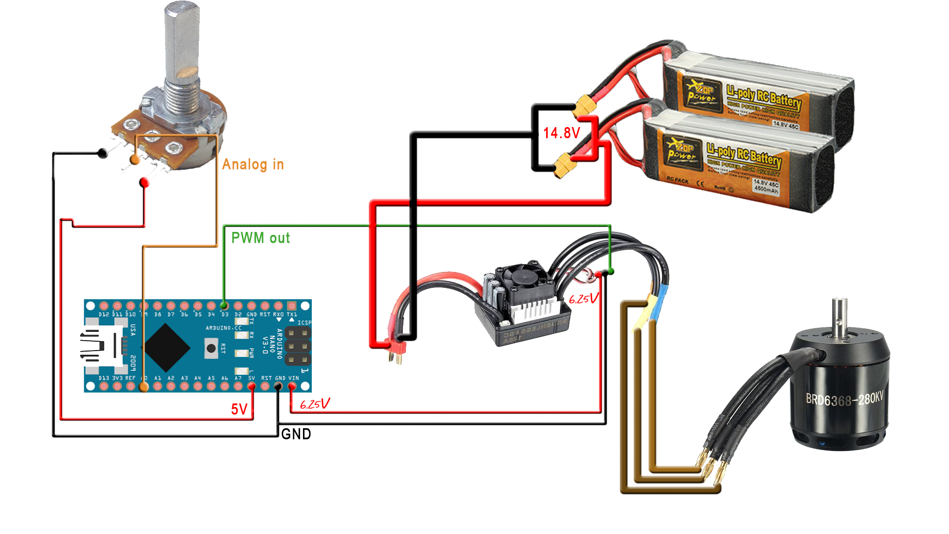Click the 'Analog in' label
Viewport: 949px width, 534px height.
(253, 164)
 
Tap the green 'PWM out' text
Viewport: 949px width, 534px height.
(260, 238)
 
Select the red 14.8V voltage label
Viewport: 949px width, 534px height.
(561, 133)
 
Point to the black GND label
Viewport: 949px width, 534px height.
(296, 434)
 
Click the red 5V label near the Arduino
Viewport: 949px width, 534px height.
(239, 409)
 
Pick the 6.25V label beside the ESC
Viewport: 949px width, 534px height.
(583, 299)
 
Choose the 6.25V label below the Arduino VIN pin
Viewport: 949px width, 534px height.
(314, 404)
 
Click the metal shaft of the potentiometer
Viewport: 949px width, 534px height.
(181, 40)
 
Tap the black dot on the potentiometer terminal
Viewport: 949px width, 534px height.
(102, 153)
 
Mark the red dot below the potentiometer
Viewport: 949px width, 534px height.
(144, 183)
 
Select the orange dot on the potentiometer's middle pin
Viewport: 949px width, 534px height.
(134, 159)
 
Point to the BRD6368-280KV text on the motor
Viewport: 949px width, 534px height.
(844, 399)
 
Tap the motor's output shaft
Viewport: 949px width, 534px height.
(839, 316)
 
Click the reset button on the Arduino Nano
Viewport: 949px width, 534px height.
(211, 349)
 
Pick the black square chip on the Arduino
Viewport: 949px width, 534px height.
(167, 348)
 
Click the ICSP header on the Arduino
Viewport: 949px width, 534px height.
(298, 346)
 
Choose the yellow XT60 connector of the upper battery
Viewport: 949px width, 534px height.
(586, 104)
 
